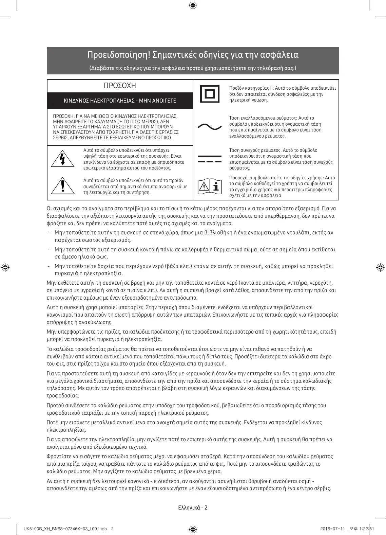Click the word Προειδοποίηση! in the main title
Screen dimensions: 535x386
click(x=118, y=55)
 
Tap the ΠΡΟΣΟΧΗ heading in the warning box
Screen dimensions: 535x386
click(x=120, y=86)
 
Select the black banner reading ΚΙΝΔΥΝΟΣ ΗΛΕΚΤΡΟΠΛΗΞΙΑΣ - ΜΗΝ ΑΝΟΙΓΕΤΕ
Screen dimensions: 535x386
click(x=120, y=101)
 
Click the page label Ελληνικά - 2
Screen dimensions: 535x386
click(x=193, y=508)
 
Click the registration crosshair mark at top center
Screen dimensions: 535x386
click(x=193, y=5)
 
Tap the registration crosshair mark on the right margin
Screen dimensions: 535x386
click(x=380, y=267)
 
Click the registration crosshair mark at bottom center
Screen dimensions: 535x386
click(x=193, y=529)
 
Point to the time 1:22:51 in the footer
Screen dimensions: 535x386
click(x=367, y=529)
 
